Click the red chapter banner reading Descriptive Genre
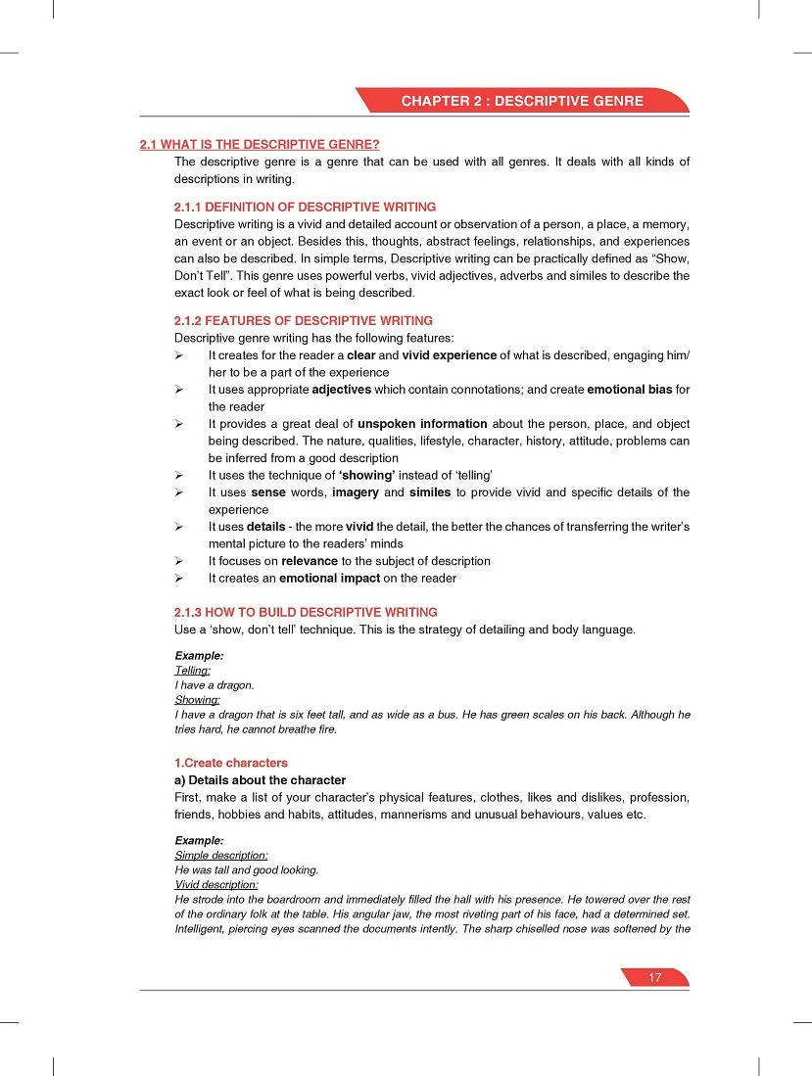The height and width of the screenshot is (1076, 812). point(521,101)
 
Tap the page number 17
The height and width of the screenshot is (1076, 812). point(655,977)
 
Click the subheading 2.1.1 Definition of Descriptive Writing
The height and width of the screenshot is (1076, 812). point(305,208)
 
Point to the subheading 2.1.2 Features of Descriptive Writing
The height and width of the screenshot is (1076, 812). point(303,320)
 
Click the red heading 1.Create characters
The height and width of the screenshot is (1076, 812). point(230,763)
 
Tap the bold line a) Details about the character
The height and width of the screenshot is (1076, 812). point(260,780)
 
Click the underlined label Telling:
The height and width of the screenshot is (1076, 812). point(192,671)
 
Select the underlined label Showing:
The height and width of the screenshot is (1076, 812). point(197,700)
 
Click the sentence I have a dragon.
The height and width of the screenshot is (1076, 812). point(214,685)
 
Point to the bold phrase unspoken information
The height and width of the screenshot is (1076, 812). point(422,424)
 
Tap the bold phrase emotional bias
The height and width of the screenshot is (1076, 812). point(629,390)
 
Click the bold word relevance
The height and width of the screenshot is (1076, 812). point(309,561)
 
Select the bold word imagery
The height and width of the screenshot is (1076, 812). point(356,492)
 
